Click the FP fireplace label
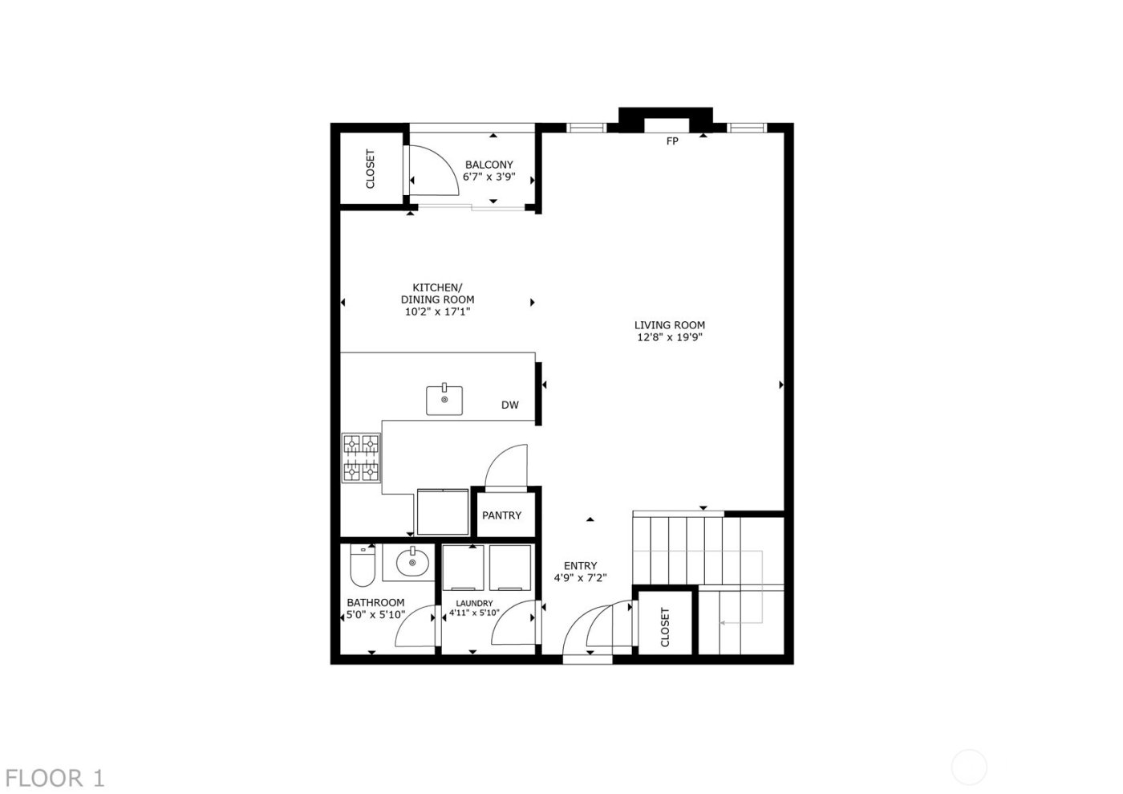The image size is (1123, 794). tap(672, 141)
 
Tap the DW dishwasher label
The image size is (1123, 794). tap(510, 405)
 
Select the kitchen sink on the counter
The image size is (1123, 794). tap(444, 399)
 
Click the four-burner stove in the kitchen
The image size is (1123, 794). tap(361, 458)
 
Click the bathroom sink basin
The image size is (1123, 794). tap(412, 562)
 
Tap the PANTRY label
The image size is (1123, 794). tap(502, 515)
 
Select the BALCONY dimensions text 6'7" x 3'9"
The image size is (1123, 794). tap(489, 177)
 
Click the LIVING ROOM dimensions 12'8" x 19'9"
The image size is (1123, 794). tap(670, 338)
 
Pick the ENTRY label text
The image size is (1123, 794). tap(580, 565)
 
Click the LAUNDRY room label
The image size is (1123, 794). tap(474, 603)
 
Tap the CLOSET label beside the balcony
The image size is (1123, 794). tap(371, 169)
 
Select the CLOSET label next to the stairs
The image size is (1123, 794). tap(665, 627)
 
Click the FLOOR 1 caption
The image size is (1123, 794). tap(54, 778)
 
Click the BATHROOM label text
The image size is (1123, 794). tap(375, 603)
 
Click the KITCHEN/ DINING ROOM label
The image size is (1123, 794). tap(437, 293)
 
